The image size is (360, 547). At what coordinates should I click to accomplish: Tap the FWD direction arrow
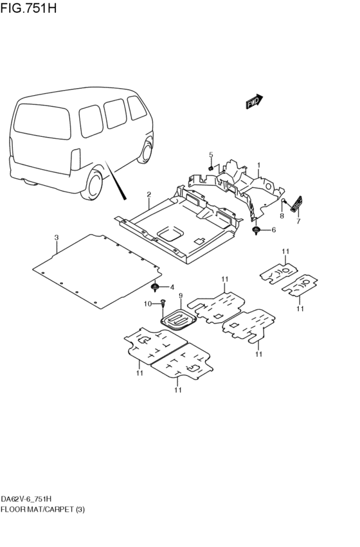pos(254,102)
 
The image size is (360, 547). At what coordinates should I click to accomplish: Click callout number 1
pos(259,165)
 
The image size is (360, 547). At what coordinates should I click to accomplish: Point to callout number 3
pos(57,238)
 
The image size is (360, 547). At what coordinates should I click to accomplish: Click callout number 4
pos(172,287)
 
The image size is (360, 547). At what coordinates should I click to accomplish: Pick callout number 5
pos(210,155)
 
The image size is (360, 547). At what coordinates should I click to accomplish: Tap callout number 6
pos(273,229)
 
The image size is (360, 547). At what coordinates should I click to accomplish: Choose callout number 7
pos(298,221)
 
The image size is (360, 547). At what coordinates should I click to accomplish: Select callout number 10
pos(147,303)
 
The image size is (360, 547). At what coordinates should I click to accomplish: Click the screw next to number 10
pos(163,301)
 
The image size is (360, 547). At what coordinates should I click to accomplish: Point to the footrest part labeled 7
pos(297,203)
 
